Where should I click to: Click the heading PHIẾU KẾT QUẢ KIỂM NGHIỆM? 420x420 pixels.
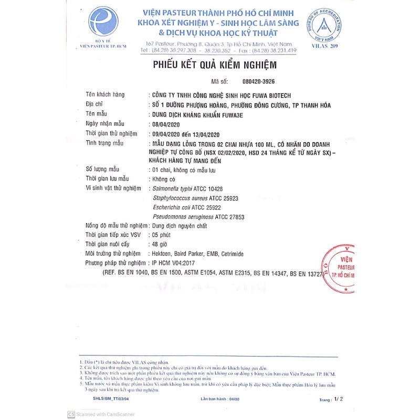214,65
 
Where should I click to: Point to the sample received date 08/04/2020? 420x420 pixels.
166,123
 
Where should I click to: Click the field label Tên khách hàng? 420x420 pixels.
105,94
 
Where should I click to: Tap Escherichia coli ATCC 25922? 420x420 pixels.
186,207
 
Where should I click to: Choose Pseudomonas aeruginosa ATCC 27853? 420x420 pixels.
198,217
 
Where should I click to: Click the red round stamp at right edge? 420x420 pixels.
337,268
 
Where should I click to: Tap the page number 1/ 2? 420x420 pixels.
338,400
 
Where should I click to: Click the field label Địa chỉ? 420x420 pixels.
95,104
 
